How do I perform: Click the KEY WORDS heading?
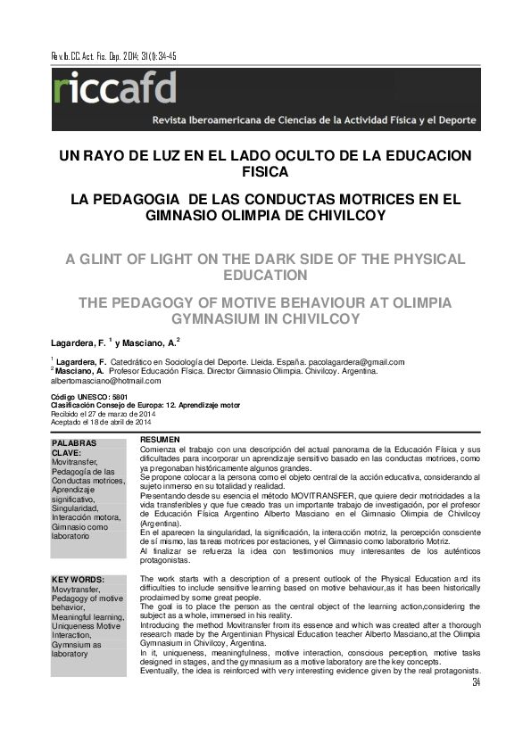coord(79,580)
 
